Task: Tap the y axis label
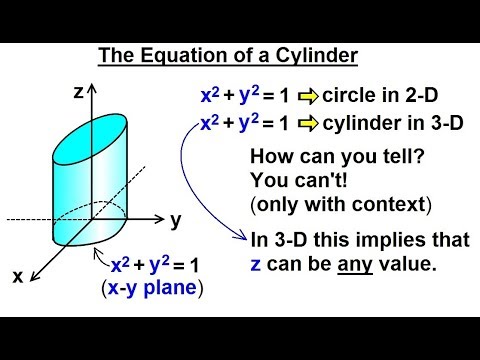[174, 220]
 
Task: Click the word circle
[356, 96]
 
